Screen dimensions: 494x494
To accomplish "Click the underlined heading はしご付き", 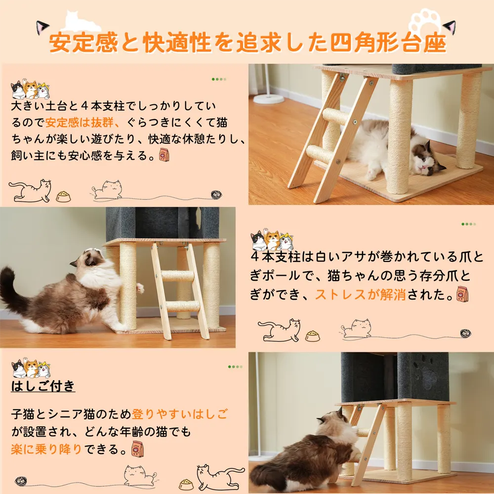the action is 43,386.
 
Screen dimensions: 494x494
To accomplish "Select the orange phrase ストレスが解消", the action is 360,294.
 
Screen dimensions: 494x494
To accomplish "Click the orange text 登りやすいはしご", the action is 179,414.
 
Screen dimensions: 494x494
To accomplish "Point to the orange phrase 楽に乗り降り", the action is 46,449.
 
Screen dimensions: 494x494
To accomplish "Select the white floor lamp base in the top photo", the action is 268,99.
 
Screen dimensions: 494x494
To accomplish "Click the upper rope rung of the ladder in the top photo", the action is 336,116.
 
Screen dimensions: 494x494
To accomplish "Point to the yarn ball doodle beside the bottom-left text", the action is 21,481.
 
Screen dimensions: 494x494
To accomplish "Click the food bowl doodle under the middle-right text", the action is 312,336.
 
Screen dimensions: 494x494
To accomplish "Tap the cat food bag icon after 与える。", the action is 164,155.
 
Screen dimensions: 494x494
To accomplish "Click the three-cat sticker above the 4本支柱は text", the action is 272,240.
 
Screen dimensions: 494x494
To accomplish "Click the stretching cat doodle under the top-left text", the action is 30,191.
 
